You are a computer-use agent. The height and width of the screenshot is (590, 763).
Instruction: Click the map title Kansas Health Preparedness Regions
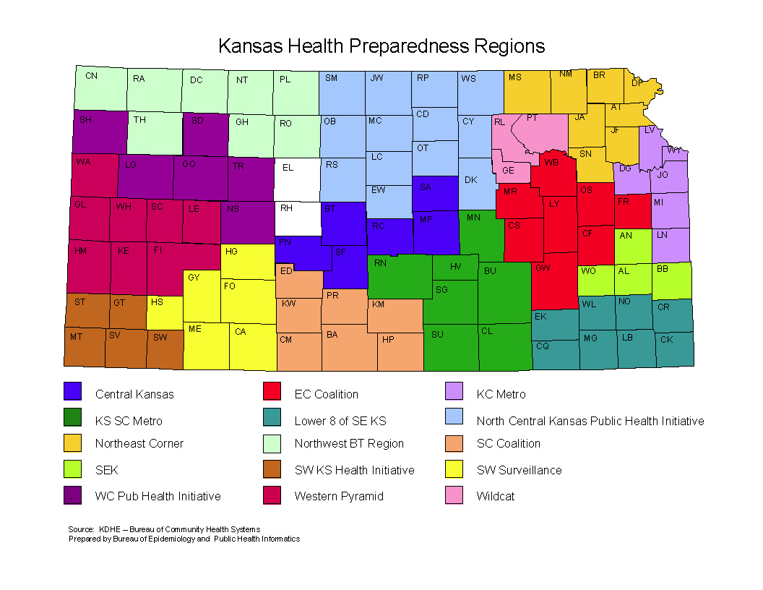381,46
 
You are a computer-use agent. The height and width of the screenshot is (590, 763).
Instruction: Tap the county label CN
91,75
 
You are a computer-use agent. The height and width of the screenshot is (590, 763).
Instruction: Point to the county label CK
666,339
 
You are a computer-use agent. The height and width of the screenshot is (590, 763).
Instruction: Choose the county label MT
76,337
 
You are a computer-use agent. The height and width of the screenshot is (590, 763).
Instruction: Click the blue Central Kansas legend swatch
72,391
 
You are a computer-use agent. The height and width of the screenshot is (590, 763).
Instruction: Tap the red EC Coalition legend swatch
272,391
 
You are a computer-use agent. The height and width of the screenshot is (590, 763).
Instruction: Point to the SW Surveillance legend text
519,471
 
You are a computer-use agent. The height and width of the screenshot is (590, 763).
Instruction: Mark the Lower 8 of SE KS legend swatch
272,418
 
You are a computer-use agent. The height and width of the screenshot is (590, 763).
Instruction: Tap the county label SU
437,335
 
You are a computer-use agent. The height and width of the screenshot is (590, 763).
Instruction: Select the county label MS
515,77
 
